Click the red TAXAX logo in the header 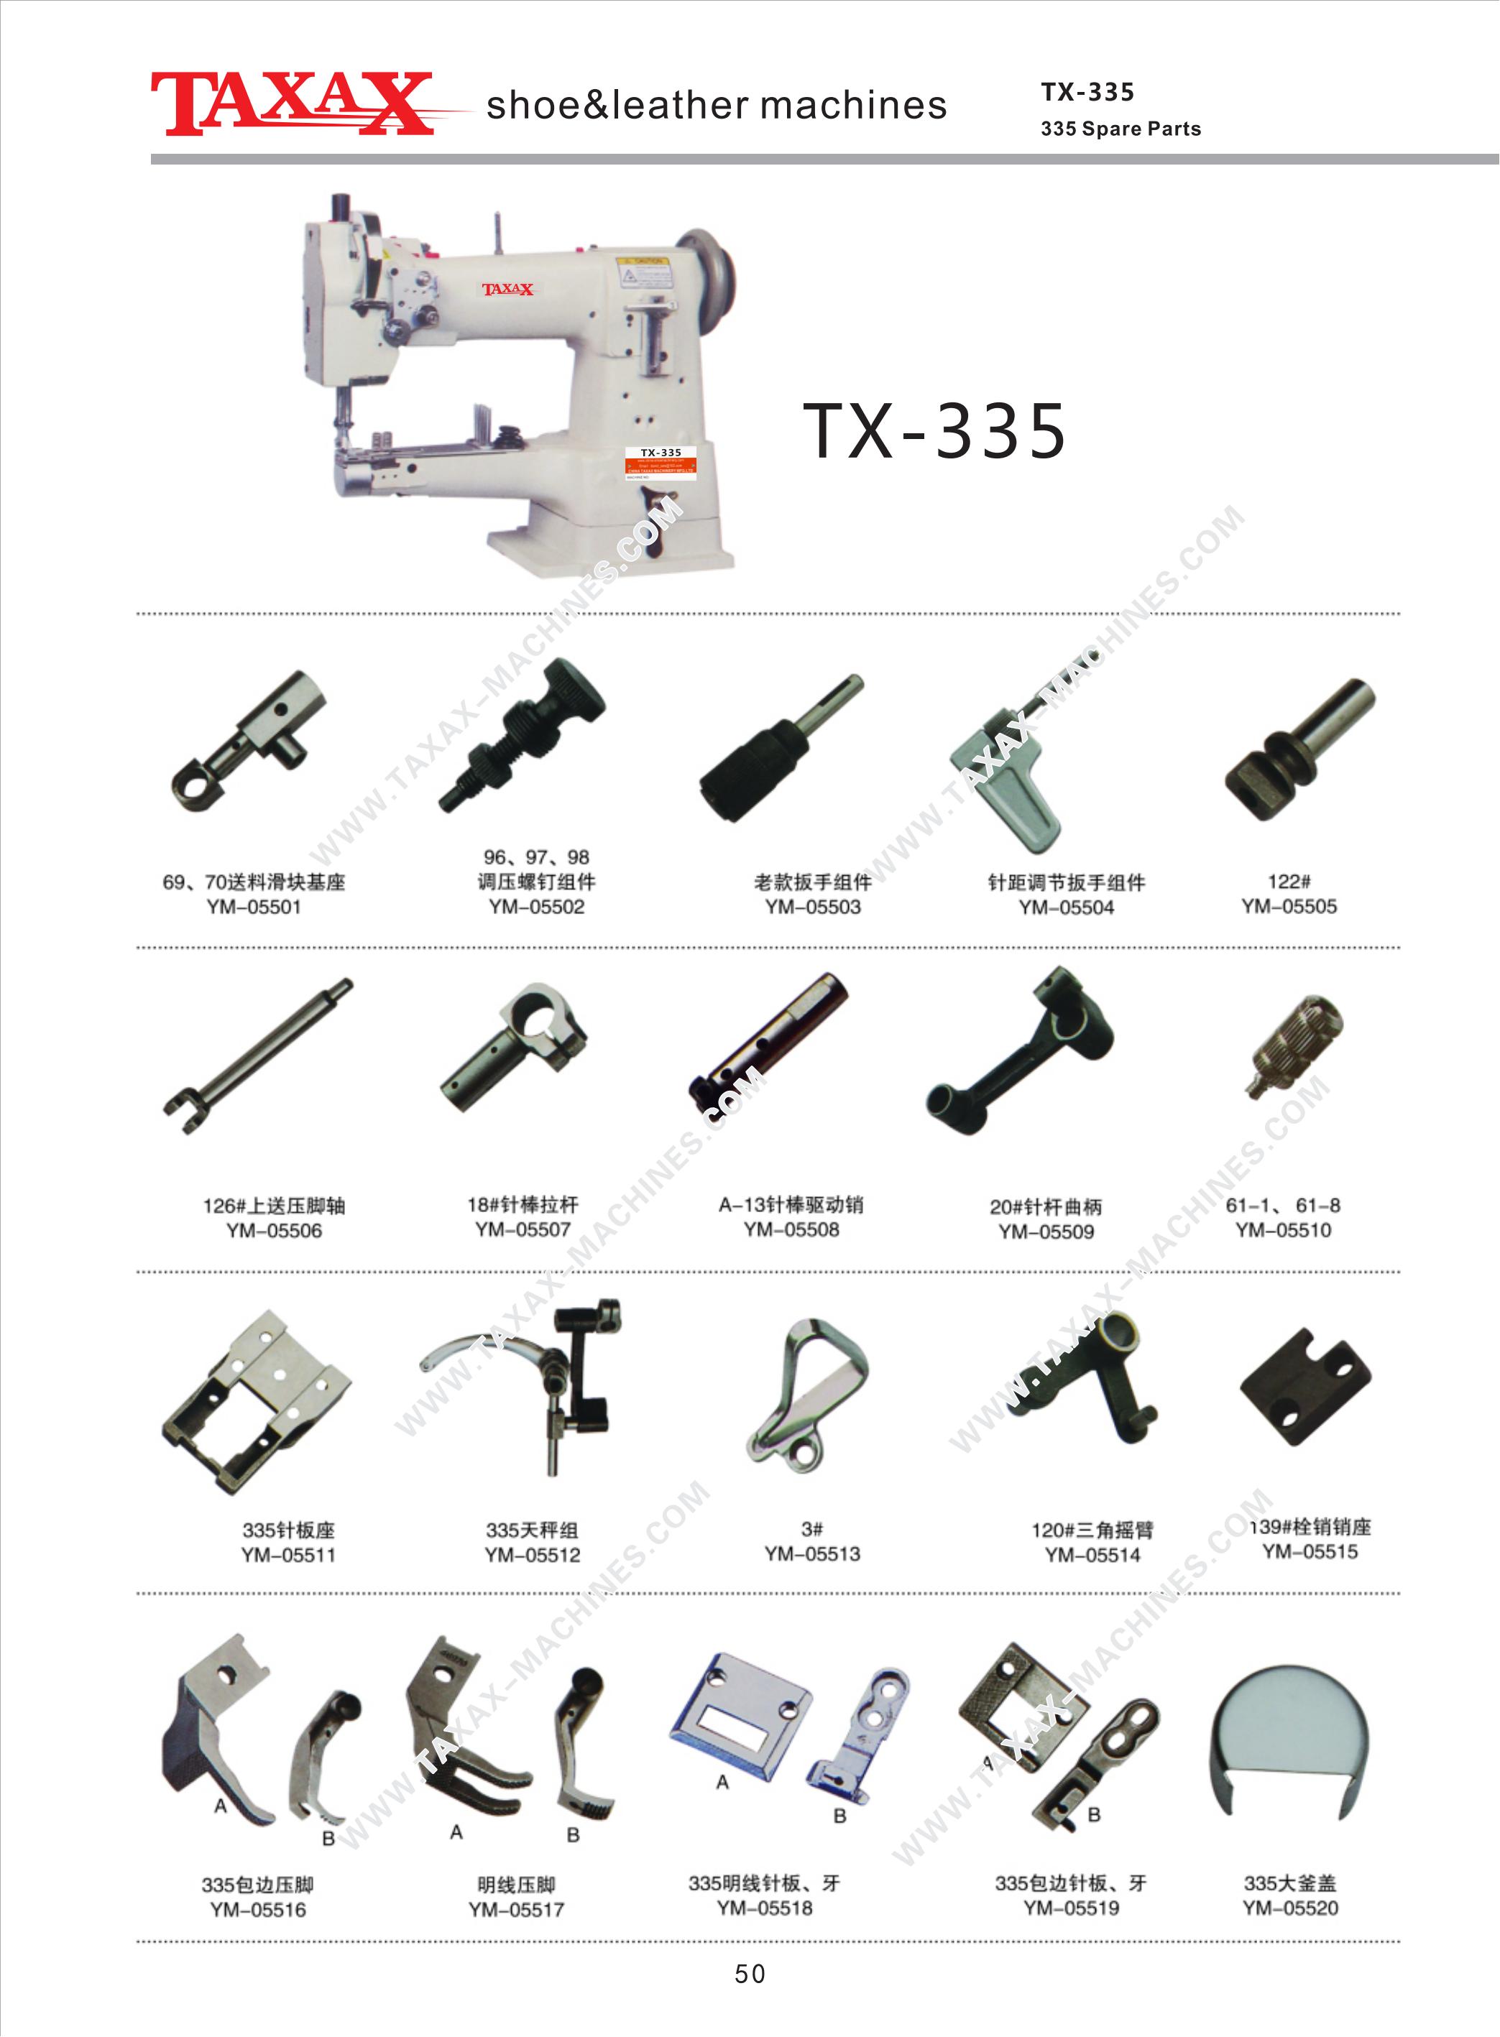click(290, 103)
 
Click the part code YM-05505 click(1289, 906)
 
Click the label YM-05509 click(1046, 1232)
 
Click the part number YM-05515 click(1310, 1551)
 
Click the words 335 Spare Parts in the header click(1121, 129)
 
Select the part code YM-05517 click(516, 1910)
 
